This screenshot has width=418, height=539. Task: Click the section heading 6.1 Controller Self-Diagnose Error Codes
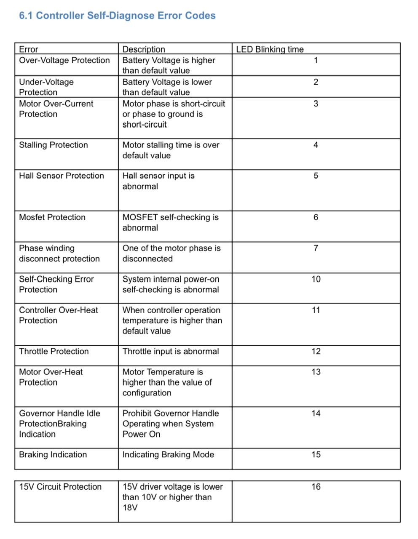tap(117, 16)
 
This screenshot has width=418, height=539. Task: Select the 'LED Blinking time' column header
tap(270, 49)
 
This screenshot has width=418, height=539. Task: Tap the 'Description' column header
tap(144, 49)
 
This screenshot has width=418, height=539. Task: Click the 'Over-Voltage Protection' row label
tap(64, 60)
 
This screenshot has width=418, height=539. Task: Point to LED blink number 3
tap(316, 104)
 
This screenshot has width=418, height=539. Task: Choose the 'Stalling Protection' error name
tap(54, 145)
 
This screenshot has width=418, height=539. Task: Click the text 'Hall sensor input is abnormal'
tap(158, 181)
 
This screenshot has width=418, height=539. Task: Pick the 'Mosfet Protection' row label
tap(52, 217)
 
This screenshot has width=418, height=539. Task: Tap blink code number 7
tap(316, 248)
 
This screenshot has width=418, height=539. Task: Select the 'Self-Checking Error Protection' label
tap(56, 284)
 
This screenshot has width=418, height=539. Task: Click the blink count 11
tap(316, 310)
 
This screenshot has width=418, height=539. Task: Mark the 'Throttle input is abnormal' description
tap(171, 351)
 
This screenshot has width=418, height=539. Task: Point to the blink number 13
tap(316, 372)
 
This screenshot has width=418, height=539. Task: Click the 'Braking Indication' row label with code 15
tap(53, 454)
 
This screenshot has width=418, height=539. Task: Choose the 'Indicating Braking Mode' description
tap(168, 454)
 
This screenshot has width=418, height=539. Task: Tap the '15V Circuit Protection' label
tap(60, 487)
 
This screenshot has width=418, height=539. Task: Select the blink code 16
tap(316, 487)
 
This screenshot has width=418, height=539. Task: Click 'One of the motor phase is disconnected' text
tap(171, 253)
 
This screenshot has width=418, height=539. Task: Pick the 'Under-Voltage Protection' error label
tap(46, 87)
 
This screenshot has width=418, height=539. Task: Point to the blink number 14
tap(316, 413)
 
